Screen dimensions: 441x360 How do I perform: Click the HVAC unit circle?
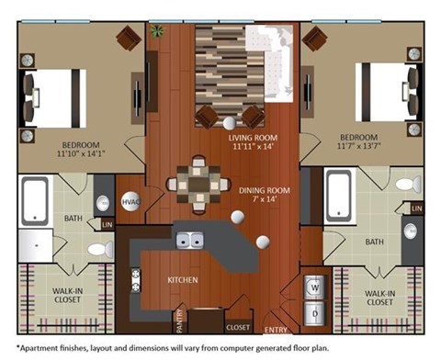tap(130, 201)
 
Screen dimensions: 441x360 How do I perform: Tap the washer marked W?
tap(314, 287)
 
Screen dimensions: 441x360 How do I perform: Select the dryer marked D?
tap(314, 313)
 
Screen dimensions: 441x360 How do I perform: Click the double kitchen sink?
tap(190, 241)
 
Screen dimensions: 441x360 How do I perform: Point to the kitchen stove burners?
tap(136, 280)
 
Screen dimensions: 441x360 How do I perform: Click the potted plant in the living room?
tap(157, 31)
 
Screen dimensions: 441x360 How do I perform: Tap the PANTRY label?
tap(180, 321)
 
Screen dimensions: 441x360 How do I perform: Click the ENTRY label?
tap(276, 330)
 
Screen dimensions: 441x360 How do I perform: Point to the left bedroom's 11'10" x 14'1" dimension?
tap(81, 153)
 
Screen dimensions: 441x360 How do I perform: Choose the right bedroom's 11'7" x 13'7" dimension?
tap(359, 146)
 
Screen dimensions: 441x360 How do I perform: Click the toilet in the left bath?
tap(100, 249)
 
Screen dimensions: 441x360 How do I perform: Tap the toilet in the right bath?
tap(408, 185)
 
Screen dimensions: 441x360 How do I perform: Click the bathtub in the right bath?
tap(339, 197)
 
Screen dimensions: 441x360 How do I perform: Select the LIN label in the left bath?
tap(107, 225)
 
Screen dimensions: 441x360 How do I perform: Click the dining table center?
tap(198, 185)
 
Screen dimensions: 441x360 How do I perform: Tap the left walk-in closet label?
tap(67, 295)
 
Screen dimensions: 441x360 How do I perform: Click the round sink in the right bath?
tap(410, 231)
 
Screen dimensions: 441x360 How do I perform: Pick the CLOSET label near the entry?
tap(238, 328)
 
